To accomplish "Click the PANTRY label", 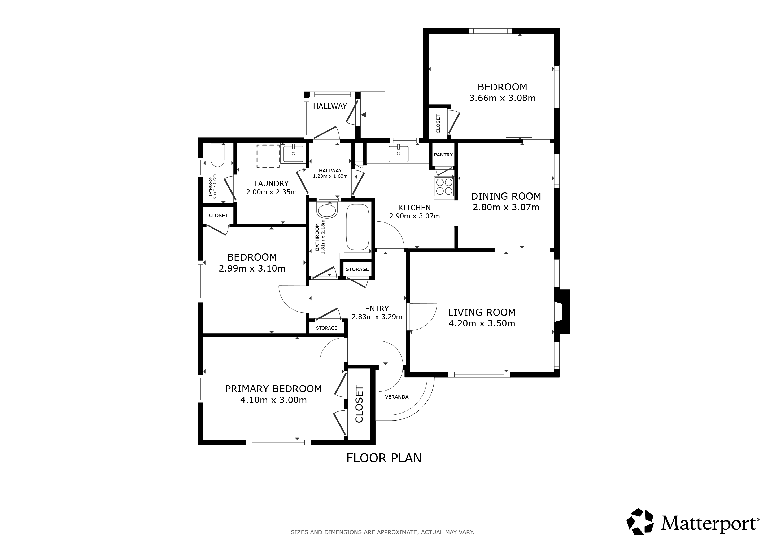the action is click(443, 155).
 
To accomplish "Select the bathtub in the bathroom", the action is click(357, 227).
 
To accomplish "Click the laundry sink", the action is click(293, 154).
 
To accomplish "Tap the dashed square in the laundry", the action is click(268, 156).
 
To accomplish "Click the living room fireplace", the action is click(562, 312).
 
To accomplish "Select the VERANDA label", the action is click(397, 397).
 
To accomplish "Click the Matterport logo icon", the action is click(640, 522).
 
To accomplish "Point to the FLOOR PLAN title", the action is click(384, 458).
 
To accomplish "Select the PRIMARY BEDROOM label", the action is click(273, 389).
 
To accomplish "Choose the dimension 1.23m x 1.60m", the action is click(330, 176).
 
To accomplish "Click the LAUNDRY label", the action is click(271, 183).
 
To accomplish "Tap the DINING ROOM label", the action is click(506, 196).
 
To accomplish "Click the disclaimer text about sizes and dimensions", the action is click(383, 532).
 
